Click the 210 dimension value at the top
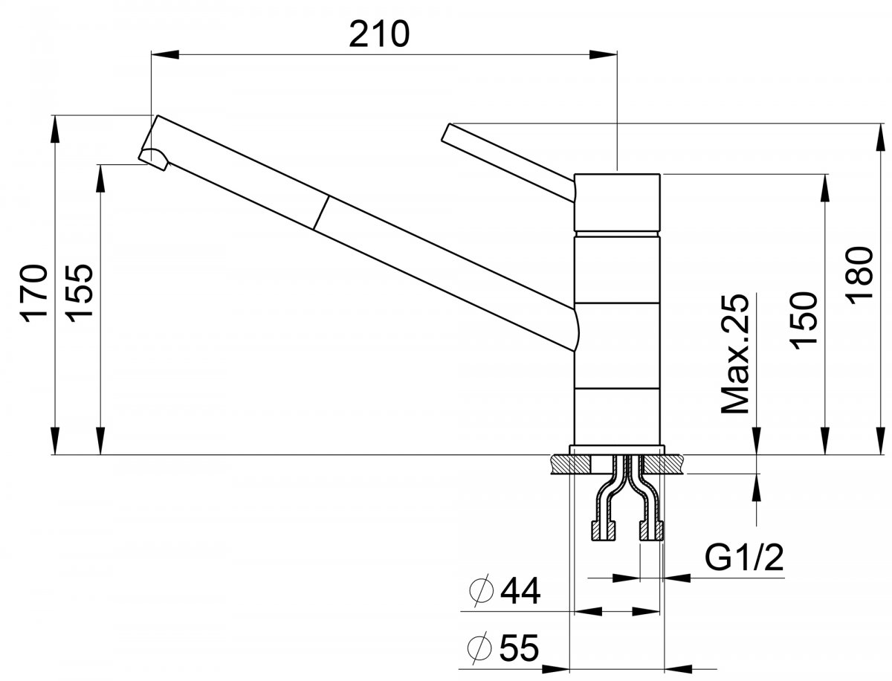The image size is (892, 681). [379, 34]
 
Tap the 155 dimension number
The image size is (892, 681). [79, 294]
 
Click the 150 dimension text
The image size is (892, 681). [803, 321]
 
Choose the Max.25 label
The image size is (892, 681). [734, 353]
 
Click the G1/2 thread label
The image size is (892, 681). [743, 558]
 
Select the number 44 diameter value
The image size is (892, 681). [520, 591]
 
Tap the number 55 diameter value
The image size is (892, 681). [519, 648]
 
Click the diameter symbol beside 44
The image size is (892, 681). [482, 591]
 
